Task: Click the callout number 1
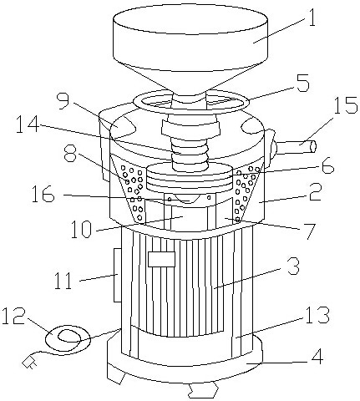(312, 17)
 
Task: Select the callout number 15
(345, 105)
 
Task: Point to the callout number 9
(63, 101)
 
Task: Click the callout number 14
(28, 124)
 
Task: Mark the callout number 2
(315, 191)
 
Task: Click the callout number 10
(80, 229)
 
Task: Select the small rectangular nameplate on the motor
(161, 259)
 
